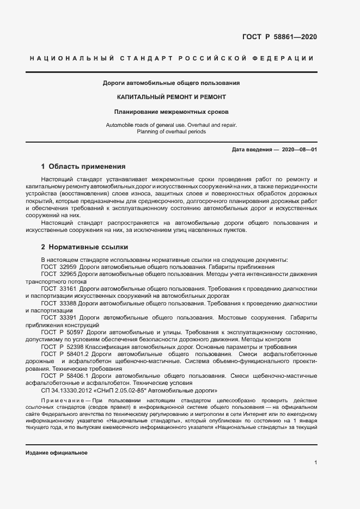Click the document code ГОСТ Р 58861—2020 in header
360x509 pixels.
[279, 37]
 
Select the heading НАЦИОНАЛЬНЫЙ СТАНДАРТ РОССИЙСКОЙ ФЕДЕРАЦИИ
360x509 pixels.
[171, 58]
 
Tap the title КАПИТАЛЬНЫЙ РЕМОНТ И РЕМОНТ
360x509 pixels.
[171, 97]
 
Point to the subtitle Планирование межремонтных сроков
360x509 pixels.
[171, 112]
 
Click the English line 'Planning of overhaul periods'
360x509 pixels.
[171, 132]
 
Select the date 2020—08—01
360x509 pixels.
[299, 149]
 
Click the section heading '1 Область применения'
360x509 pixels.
[83, 167]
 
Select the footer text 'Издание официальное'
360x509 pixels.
[57, 453]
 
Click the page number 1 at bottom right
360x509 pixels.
[315, 463]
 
